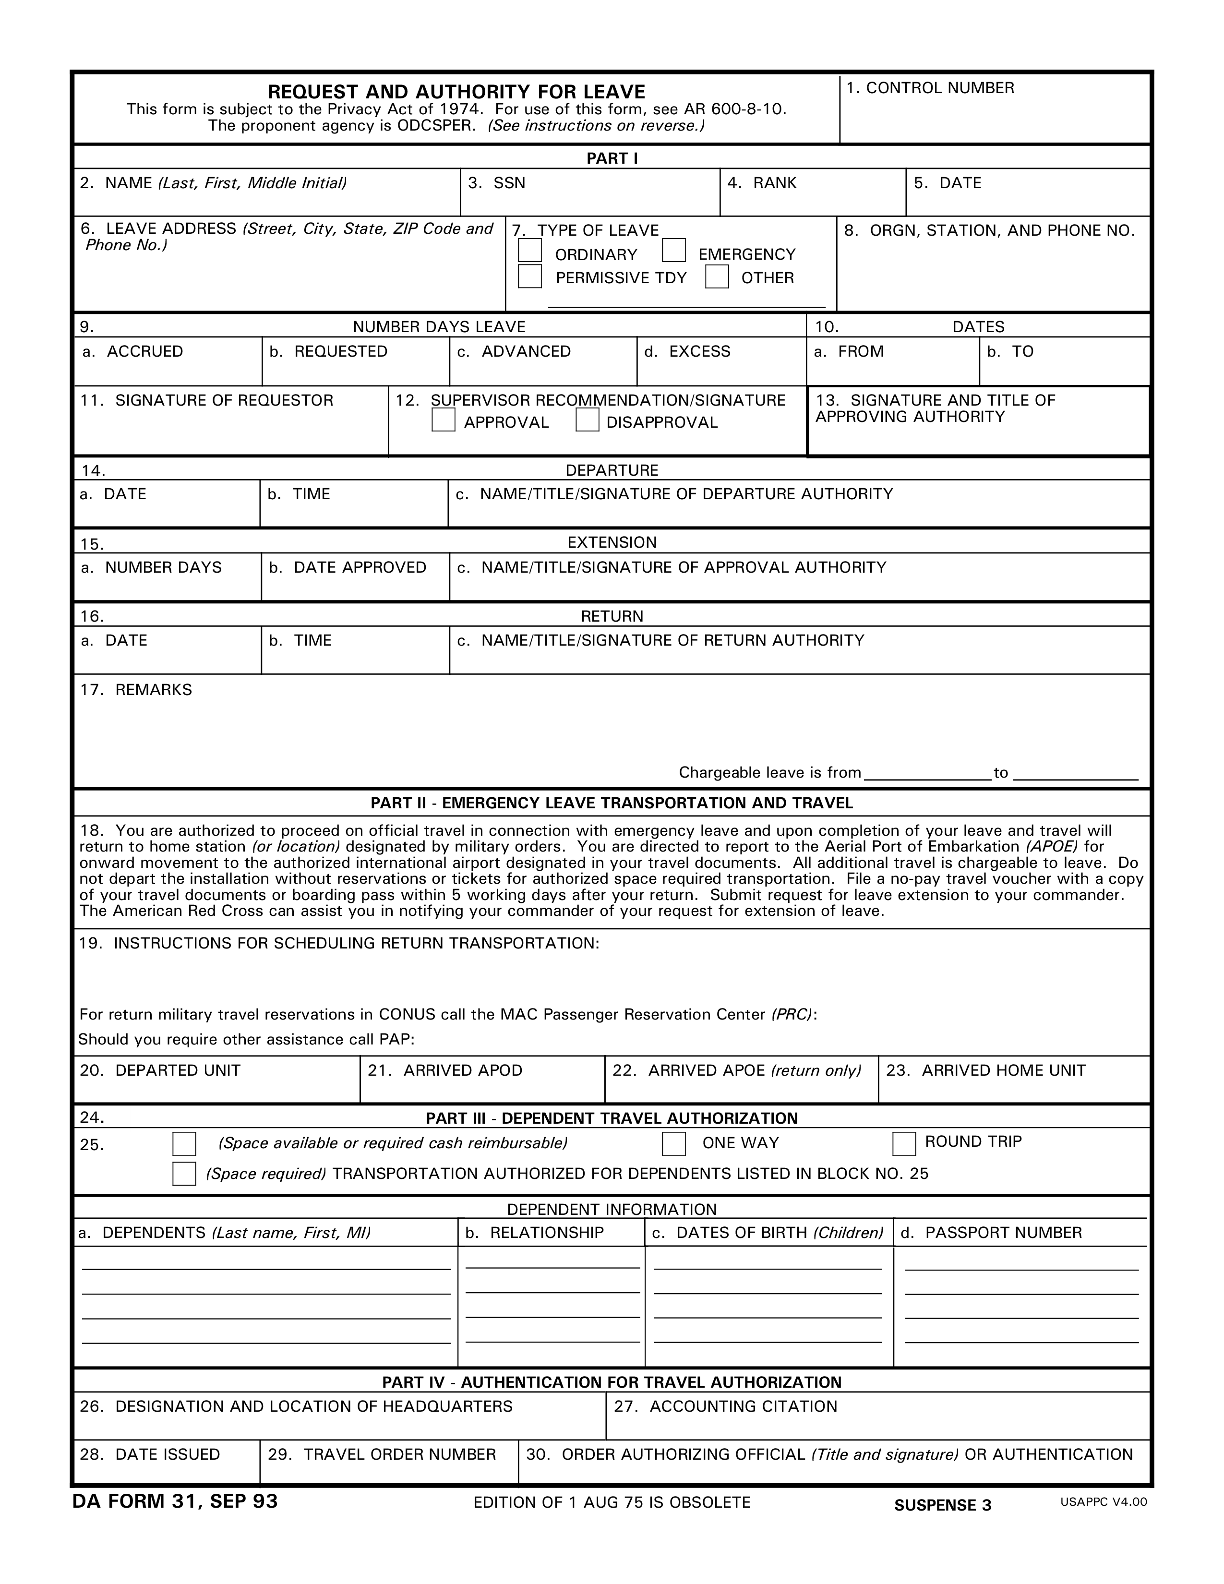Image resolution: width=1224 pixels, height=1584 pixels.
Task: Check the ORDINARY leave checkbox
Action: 529,250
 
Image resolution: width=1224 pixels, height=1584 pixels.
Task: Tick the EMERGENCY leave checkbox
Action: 673,250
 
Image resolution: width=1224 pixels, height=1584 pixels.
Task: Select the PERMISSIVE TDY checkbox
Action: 529,276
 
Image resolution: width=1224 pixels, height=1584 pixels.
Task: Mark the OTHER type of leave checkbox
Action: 717,276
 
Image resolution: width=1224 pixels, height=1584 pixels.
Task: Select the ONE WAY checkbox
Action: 673,1144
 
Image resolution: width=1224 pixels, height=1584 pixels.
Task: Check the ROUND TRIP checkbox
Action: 903,1144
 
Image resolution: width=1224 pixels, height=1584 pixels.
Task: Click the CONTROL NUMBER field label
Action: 930,88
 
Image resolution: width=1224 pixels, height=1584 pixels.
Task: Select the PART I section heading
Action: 612,158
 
